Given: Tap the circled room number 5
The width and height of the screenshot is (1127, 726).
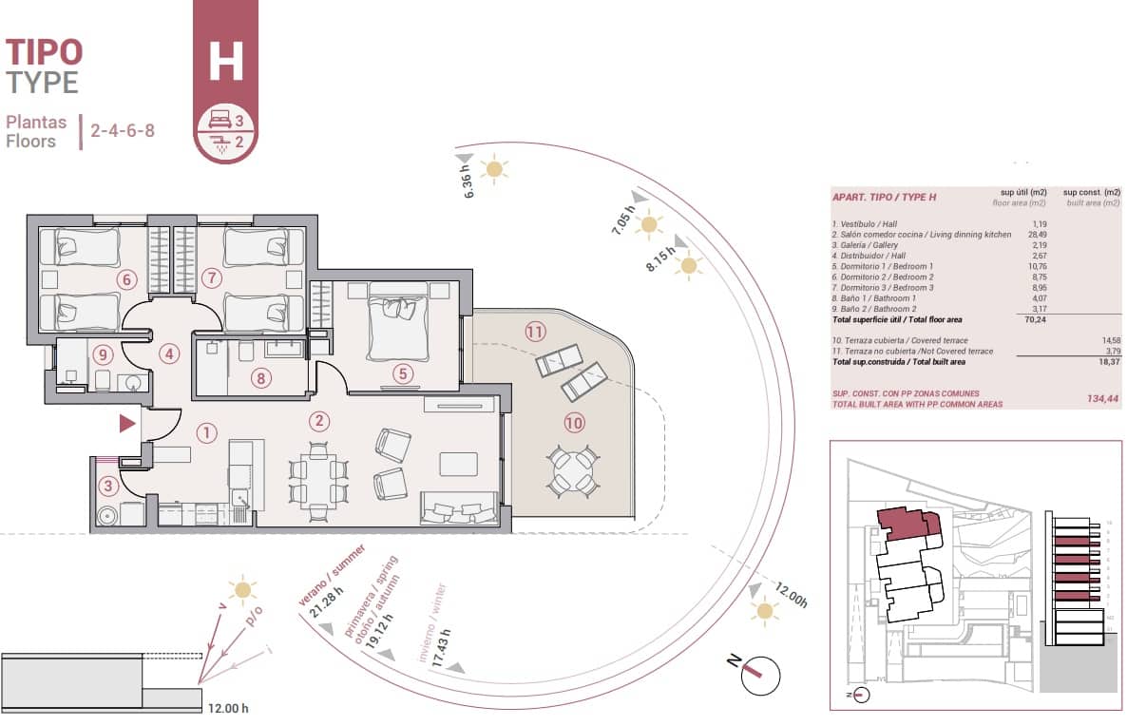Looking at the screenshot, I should tap(403, 373).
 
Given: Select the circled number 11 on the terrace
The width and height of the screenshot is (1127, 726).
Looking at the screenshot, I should tap(536, 332).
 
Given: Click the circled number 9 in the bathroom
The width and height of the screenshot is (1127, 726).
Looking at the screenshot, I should tap(104, 354).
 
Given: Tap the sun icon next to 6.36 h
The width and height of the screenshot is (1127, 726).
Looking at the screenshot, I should tap(493, 170).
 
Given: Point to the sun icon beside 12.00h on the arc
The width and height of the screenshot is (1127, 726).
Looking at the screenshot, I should tap(763, 609).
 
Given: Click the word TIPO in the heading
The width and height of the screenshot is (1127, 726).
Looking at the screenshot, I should tap(44, 52).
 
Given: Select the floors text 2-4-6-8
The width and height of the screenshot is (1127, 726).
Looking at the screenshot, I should tap(122, 130).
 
